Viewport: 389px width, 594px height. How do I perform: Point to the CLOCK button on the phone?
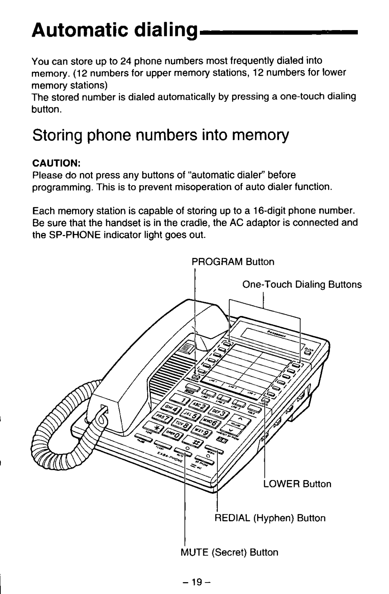[x=308, y=351]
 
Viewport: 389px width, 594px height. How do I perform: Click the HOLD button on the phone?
[x=254, y=410]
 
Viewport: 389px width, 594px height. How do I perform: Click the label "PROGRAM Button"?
[x=233, y=262]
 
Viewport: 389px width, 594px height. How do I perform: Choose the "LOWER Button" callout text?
[x=297, y=484]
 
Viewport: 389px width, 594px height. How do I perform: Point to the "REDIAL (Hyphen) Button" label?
[x=270, y=518]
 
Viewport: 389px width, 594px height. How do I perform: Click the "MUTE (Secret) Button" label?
[x=229, y=552]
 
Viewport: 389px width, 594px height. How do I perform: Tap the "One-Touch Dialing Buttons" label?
[x=302, y=285]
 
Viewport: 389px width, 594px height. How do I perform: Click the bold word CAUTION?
[x=56, y=163]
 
